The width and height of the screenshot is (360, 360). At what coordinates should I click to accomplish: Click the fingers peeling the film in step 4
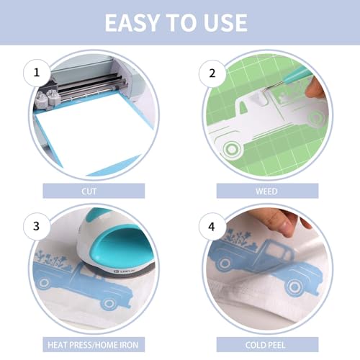point(284,219)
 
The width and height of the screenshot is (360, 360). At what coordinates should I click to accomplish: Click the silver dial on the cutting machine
point(53,96)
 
